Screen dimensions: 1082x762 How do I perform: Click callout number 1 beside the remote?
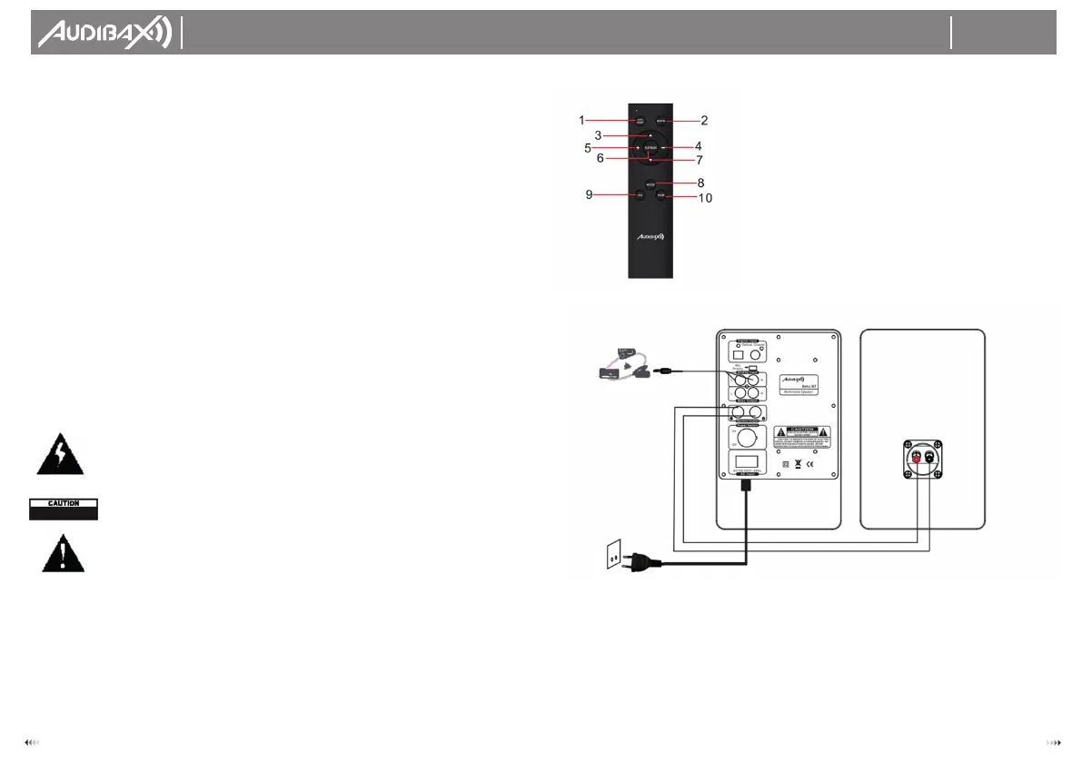click(581, 120)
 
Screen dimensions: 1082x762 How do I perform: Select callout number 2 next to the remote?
click(703, 120)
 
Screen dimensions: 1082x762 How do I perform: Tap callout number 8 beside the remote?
click(700, 183)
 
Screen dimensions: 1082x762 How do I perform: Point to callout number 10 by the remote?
click(704, 196)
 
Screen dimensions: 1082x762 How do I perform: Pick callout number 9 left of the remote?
click(588, 193)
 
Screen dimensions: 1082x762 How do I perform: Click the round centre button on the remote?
click(650, 147)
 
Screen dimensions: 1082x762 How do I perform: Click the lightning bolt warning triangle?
click(59, 456)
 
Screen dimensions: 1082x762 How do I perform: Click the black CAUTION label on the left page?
click(62, 508)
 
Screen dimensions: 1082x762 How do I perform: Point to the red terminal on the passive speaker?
click(916, 459)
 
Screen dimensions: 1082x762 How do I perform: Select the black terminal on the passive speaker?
click(930, 459)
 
